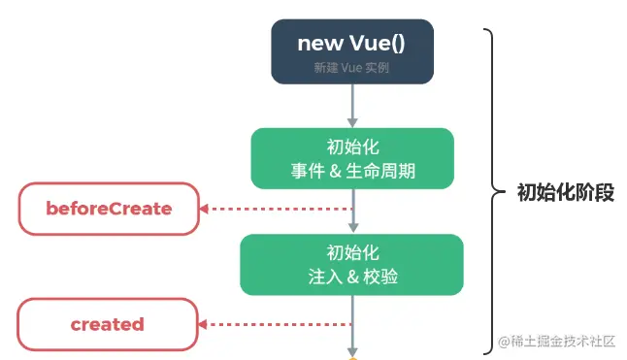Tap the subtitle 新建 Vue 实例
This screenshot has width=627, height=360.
pos(352,69)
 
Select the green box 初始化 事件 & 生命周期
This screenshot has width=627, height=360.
pos(352,158)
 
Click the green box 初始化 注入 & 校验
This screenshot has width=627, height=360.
pos(352,263)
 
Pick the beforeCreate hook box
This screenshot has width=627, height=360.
pos(109,208)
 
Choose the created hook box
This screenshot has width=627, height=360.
pos(107,324)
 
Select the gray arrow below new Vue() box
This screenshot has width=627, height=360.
pos(352,106)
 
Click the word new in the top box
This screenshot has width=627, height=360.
pos(317,44)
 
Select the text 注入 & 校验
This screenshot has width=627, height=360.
pos(352,276)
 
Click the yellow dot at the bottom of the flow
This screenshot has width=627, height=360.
pos(352,358)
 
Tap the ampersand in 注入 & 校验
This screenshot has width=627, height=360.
pos(352,276)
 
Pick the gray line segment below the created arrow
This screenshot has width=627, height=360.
pos(352,340)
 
